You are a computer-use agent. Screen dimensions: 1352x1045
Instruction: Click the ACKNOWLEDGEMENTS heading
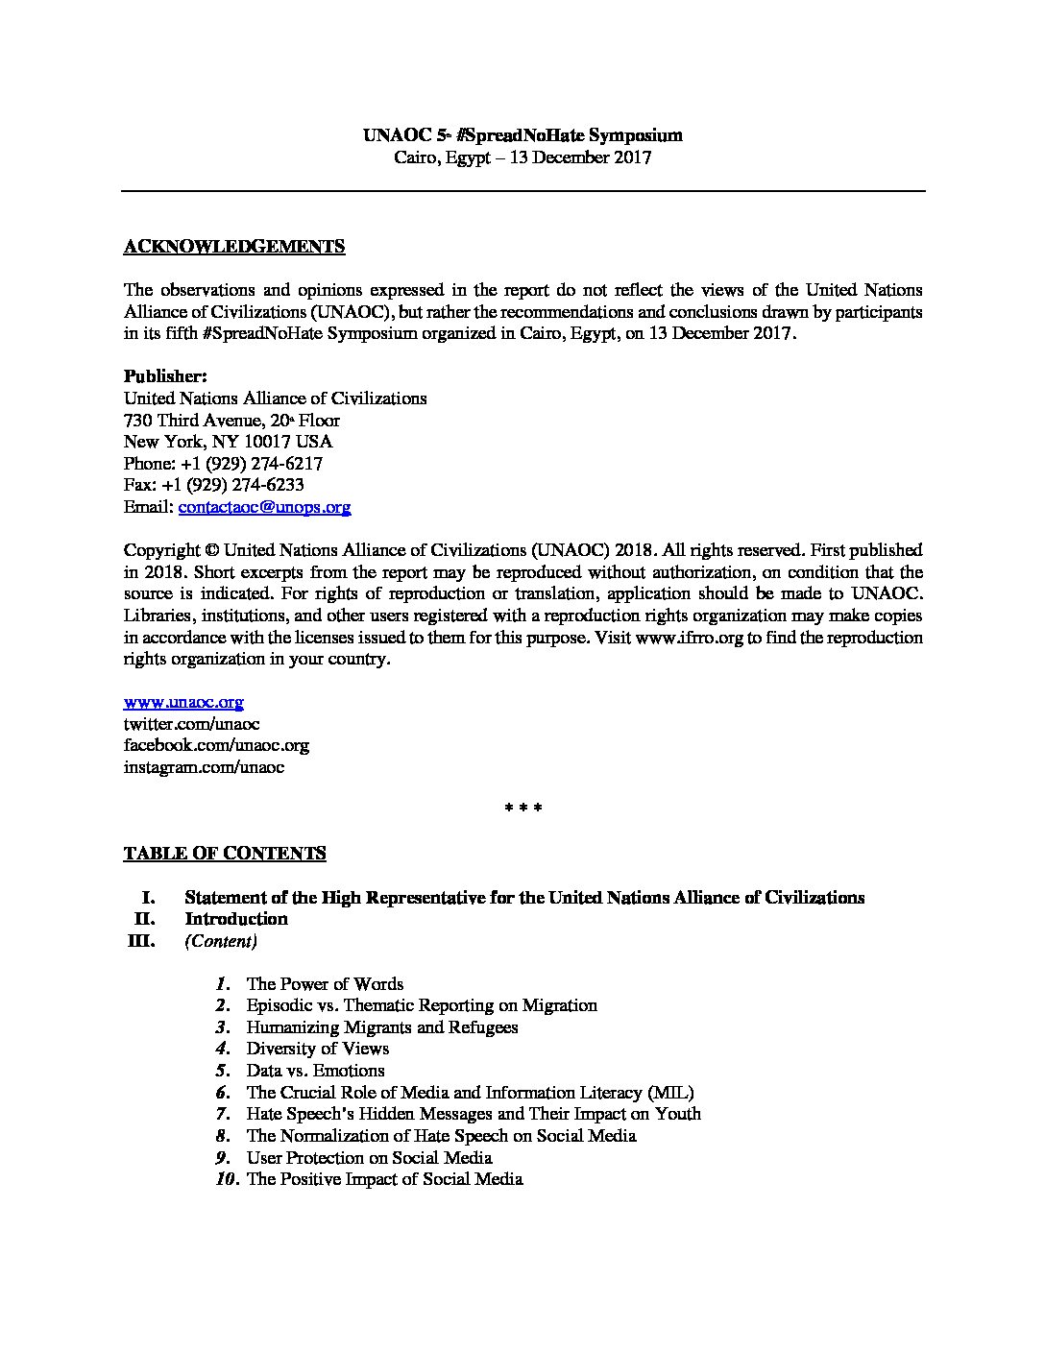click(234, 247)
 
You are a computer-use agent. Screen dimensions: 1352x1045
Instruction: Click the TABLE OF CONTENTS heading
click(225, 853)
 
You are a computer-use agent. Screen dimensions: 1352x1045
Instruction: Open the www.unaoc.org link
click(183, 702)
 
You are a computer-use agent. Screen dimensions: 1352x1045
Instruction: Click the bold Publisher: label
click(165, 375)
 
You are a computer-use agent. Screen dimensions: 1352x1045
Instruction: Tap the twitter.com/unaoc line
click(191, 724)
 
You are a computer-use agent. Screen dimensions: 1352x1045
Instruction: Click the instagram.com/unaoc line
click(204, 767)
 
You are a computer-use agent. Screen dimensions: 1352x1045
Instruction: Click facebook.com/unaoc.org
click(216, 745)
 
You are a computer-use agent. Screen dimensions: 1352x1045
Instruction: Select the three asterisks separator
click(523, 809)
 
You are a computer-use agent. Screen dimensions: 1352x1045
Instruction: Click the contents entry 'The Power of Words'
click(325, 983)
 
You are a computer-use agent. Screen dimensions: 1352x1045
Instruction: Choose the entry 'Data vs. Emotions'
click(315, 1070)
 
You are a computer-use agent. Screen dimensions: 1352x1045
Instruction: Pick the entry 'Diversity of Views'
click(317, 1049)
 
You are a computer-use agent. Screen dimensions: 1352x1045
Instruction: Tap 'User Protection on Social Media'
click(369, 1157)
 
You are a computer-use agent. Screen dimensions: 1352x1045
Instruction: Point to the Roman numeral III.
click(141, 941)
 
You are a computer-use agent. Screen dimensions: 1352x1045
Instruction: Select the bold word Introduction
click(236, 919)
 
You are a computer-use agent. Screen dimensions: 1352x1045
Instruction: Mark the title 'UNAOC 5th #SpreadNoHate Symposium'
click(522, 136)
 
